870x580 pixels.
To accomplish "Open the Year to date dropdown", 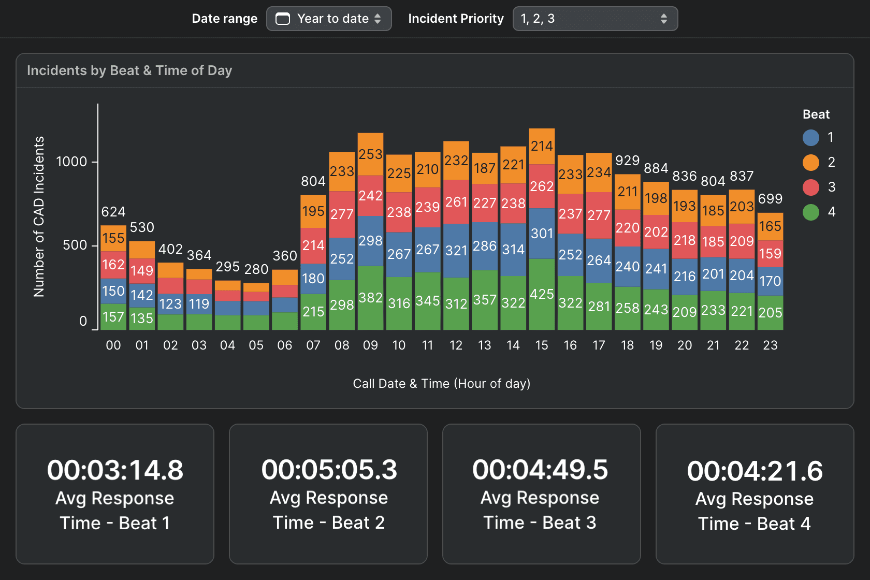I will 329,19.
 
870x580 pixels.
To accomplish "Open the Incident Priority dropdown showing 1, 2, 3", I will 594,19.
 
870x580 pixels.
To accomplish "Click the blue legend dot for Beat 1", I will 810,137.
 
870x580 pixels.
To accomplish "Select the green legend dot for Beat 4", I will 810,212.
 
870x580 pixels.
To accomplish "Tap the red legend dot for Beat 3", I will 810,187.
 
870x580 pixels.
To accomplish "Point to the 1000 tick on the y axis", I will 71,162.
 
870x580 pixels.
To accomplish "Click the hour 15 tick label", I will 542,345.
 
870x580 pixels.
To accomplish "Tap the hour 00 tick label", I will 113,345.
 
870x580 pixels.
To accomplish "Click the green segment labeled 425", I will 542,294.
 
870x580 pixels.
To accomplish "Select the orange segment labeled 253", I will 370,154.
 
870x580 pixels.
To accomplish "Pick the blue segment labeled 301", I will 542,234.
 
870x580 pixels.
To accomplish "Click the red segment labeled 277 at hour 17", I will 599,215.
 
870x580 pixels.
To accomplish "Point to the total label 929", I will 627,161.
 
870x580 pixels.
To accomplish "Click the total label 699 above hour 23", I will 770,198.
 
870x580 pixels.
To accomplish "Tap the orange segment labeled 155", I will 113,238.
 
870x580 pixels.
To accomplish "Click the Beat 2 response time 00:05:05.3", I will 329,470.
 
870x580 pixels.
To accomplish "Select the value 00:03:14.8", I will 115,470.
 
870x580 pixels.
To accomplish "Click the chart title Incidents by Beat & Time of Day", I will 129,70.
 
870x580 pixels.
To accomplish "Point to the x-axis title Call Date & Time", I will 441,384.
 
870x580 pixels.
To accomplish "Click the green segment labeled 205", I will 770,313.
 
